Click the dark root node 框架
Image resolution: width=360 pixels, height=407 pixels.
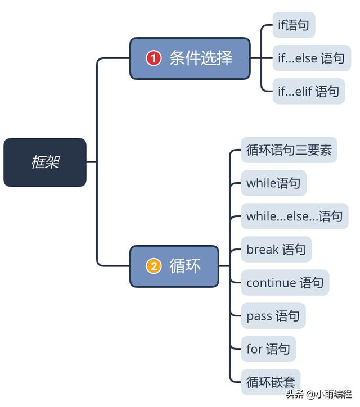[x=45, y=162]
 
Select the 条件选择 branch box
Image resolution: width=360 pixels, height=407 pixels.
[x=190, y=58]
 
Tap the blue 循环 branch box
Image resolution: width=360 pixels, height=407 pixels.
[x=174, y=266]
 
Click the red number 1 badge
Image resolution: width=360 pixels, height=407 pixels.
[x=154, y=58]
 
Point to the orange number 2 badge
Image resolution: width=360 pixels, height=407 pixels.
[x=154, y=266]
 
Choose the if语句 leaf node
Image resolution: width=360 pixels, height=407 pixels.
[x=294, y=25]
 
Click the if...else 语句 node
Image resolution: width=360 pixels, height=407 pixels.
[x=311, y=58]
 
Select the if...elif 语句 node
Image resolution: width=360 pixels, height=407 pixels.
[x=308, y=91]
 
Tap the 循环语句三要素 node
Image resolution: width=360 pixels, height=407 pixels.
[x=289, y=150]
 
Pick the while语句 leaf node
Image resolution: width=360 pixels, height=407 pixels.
[x=273, y=183]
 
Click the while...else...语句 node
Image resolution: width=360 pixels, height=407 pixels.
[x=294, y=216]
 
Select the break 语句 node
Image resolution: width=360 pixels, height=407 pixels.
[x=276, y=250]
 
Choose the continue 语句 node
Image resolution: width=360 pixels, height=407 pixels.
[x=285, y=283]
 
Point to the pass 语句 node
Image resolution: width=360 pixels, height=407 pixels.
[x=273, y=316]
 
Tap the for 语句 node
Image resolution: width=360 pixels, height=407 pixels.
[x=268, y=349]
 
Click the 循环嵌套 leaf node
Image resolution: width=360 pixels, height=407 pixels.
[x=271, y=382]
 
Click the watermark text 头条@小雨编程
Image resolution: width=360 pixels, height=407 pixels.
[x=319, y=394]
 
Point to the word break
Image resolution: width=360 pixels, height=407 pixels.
[x=263, y=250]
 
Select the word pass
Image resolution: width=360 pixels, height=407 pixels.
[x=259, y=316]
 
